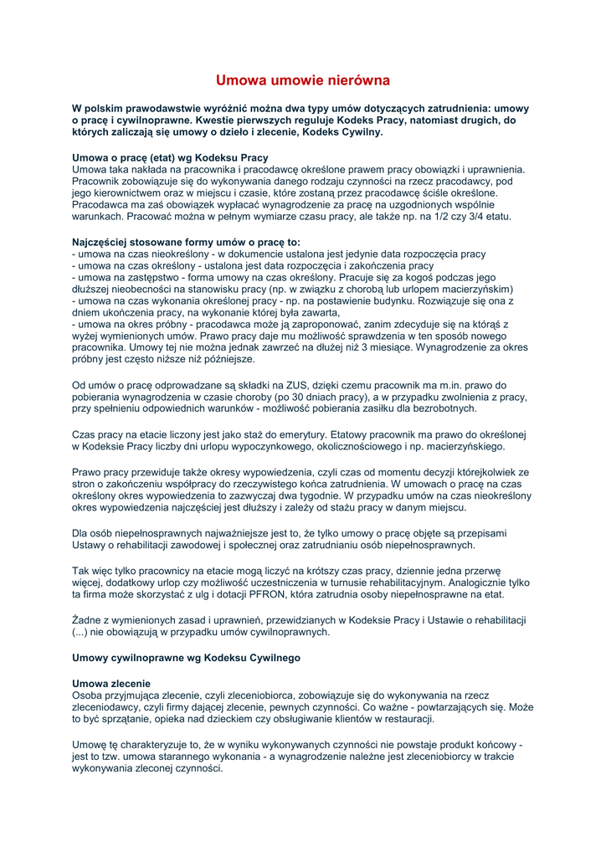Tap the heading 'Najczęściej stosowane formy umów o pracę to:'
(186, 242)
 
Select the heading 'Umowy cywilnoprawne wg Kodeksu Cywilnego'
(186, 658)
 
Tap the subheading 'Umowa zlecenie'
(111, 684)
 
